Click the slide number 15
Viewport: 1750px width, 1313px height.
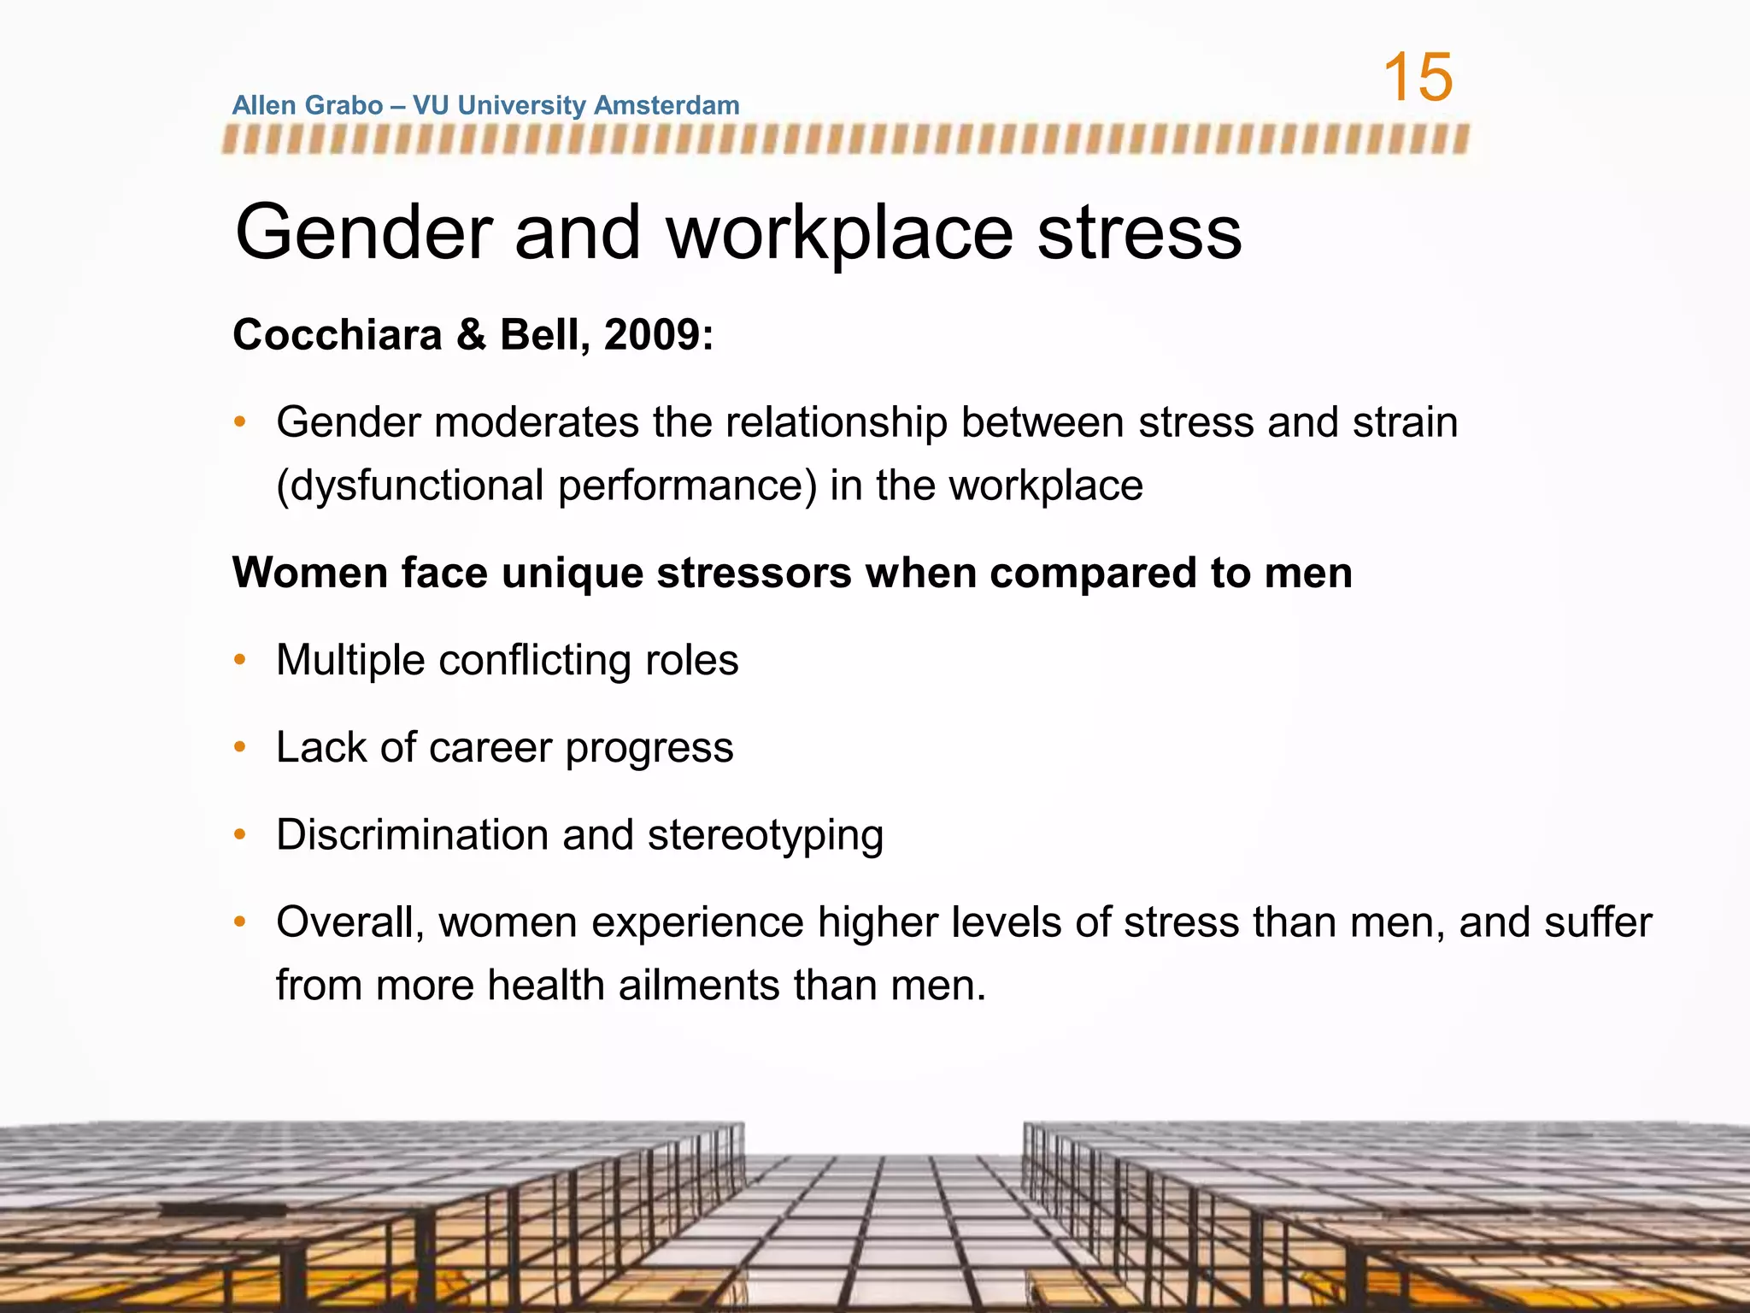point(1418,78)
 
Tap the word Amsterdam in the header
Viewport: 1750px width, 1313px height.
point(666,105)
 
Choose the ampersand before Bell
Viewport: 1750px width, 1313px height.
point(471,334)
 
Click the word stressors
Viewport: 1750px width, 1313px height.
point(754,573)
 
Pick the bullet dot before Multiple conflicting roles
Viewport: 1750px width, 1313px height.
point(240,660)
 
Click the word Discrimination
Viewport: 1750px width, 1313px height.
point(412,835)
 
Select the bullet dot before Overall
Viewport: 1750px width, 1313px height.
point(240,922)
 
